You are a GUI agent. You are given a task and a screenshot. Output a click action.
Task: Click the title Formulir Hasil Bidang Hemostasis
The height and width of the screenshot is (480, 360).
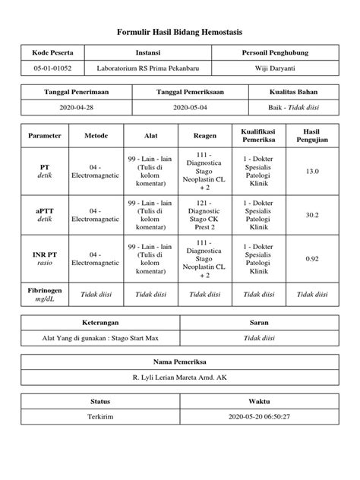[x=180, y=33]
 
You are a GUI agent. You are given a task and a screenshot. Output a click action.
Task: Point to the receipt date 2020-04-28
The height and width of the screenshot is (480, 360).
[x=76, y=108]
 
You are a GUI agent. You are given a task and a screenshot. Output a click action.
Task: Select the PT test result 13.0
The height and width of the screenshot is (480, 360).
[x=311, y=172]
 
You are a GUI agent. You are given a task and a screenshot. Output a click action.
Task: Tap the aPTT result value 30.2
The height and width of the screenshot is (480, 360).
[x=311, y=215]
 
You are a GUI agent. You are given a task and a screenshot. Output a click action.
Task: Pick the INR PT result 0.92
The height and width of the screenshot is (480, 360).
[x=311, y=259]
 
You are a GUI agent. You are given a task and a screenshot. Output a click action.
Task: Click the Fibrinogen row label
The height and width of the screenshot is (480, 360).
[x=44, y=295]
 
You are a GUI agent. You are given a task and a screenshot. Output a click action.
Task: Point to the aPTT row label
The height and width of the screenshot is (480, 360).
[x=44, y=215]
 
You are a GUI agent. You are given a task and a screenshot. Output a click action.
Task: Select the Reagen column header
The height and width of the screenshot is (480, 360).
[x=205, y=135]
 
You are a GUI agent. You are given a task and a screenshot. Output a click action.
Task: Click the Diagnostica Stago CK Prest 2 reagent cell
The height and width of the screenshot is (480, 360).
[x=205, y=215]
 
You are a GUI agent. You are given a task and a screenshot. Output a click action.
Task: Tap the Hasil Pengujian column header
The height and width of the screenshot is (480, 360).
[x=311, y=135]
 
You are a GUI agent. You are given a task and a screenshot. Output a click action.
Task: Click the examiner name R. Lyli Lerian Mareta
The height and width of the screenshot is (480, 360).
[x=180, y=377]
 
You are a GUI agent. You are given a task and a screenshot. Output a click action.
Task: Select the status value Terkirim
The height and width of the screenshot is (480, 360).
[x=101, y=417]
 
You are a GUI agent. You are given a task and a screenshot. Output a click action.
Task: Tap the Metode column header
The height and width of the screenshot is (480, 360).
[x=96, y=135]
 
